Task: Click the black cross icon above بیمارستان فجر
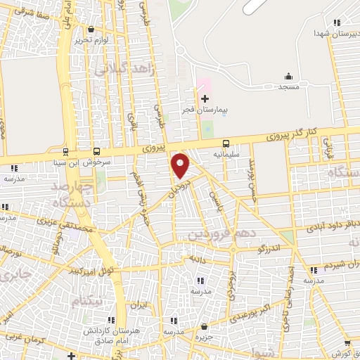[204, 99]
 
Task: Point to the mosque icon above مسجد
[288, 76]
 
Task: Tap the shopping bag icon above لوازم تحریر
[91, 29]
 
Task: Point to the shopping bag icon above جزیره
[204, 326]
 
